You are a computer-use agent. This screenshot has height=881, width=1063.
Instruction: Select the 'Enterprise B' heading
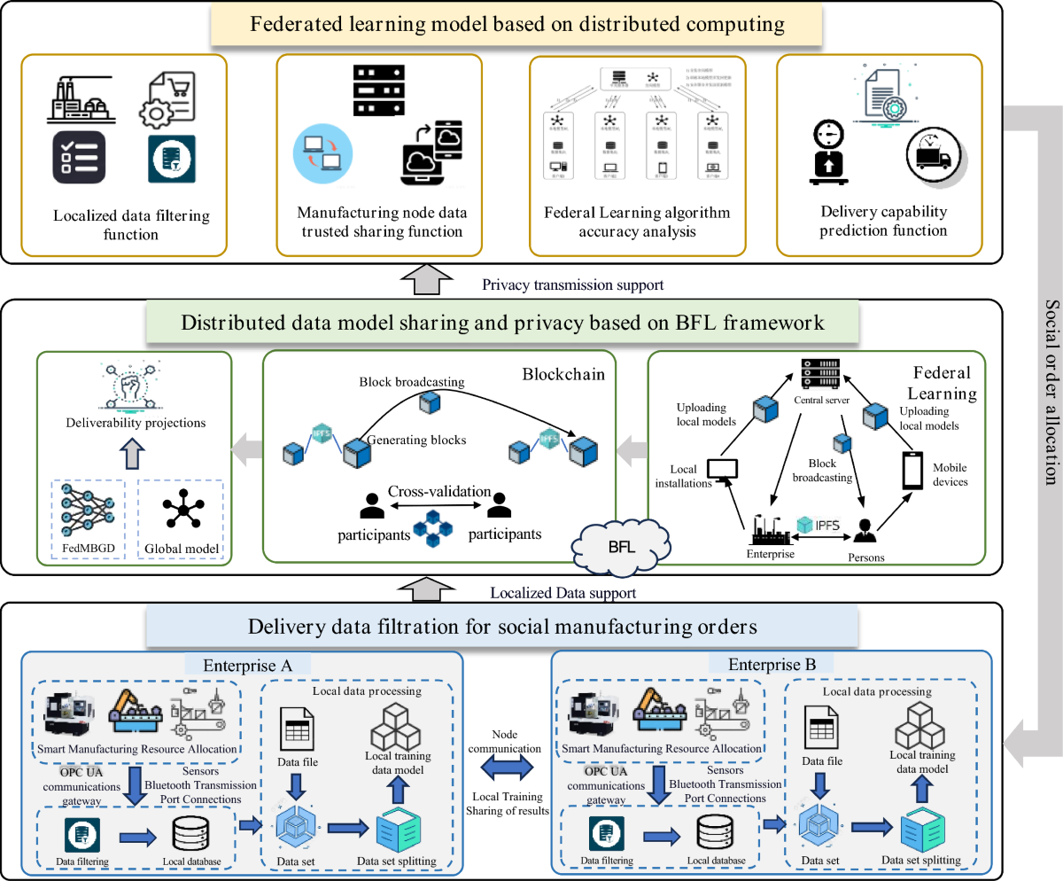[768, 664]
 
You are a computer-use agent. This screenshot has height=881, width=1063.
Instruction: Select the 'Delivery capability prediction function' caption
[883, 222]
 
